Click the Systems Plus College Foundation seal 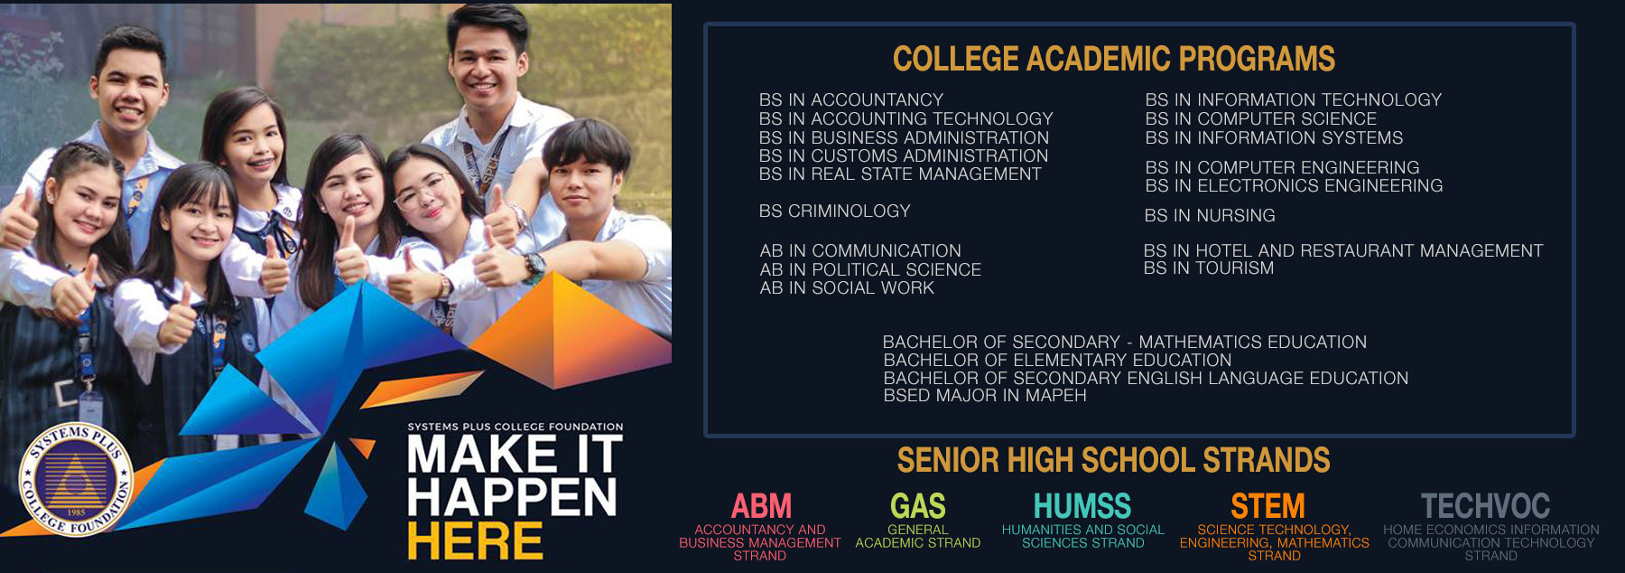(76, 480)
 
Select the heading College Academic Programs (1114, 59)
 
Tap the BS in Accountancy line (851, 99)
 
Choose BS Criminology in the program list (835, 211)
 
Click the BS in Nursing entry (1210, 215)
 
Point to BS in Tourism (1209, 268)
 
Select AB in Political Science (870, 269)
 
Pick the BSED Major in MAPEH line (985, 395)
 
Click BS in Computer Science (1261, 118)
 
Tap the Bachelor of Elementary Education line (1057, 360)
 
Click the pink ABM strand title (761, 505)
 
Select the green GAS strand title (918, 505)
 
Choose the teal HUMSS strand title (1082, 505)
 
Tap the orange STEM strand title (1267, 505)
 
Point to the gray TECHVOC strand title (1485, 505)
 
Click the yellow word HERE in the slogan (475, 541)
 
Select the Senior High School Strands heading (1113, 460)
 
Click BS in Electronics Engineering (1294, 185)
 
